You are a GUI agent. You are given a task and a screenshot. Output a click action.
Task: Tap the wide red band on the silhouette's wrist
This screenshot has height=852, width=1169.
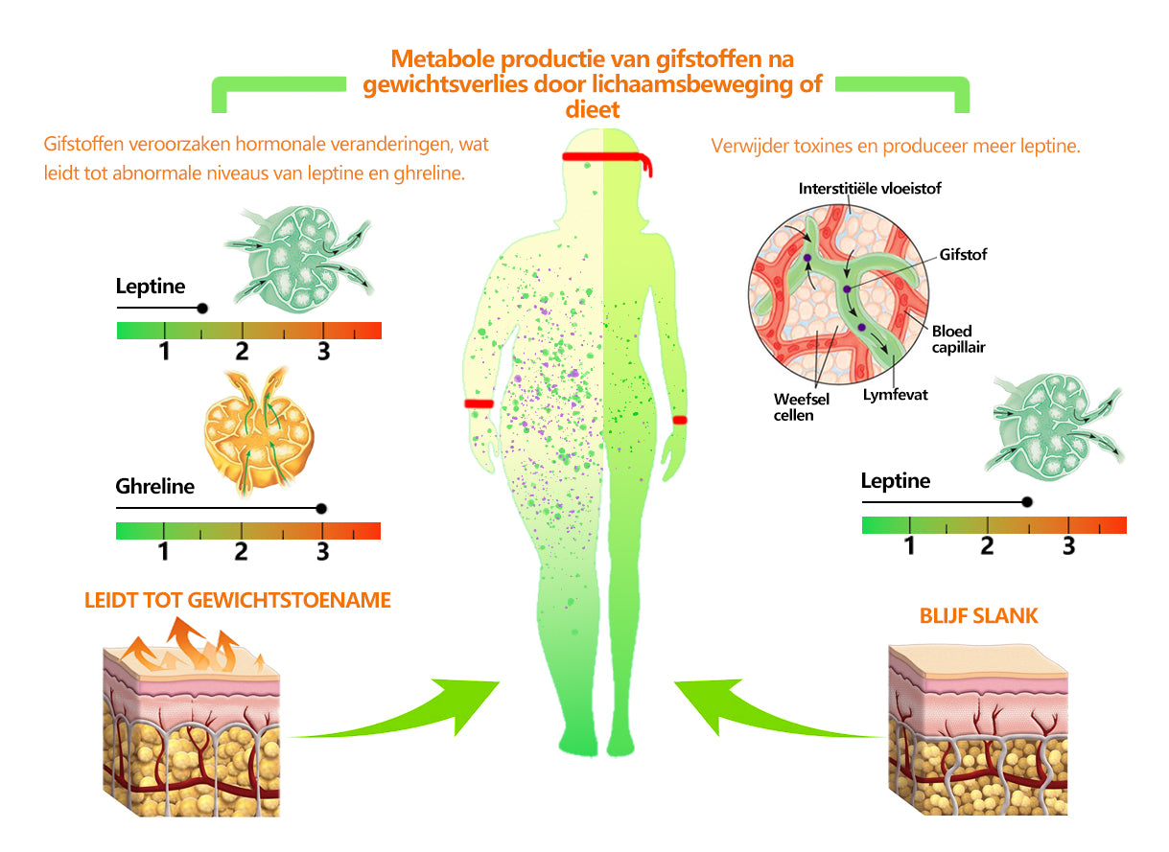(479, 403)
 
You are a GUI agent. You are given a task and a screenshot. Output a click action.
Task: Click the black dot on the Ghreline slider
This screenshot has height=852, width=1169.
(321, 509)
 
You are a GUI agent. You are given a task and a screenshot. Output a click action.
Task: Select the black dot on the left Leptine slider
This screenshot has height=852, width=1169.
(201, 309)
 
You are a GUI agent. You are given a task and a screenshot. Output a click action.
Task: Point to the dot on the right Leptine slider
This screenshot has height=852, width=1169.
(1027, 501)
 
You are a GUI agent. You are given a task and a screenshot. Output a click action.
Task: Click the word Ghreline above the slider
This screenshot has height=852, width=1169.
(154, 486)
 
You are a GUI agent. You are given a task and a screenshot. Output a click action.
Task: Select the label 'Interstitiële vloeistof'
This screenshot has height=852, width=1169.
(870, 189)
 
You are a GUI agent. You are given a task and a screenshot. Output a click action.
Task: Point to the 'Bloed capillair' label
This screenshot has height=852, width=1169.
(958, 339)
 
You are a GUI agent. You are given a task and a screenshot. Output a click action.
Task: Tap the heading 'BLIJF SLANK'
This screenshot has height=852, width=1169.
(977, 616)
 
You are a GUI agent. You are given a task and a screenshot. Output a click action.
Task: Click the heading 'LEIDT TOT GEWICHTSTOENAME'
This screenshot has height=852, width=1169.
(237, 600)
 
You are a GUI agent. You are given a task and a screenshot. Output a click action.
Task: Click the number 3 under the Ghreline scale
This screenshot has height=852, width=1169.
(322, 552)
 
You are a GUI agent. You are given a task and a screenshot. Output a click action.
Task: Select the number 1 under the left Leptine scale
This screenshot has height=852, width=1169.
(164, 351)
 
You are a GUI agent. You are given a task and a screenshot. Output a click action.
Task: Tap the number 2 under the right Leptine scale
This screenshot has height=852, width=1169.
(987, 546)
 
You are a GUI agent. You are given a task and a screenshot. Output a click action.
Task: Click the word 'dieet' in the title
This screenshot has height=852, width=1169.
(592, 110)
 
